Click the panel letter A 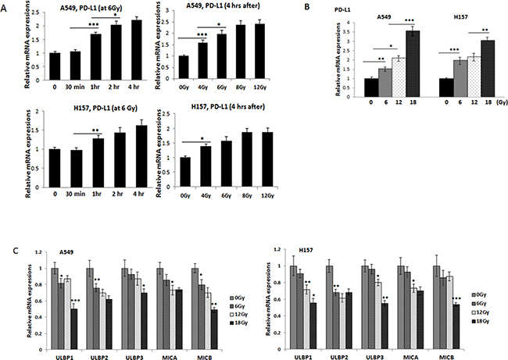point(6,6)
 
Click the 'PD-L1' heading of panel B point(348,11)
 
